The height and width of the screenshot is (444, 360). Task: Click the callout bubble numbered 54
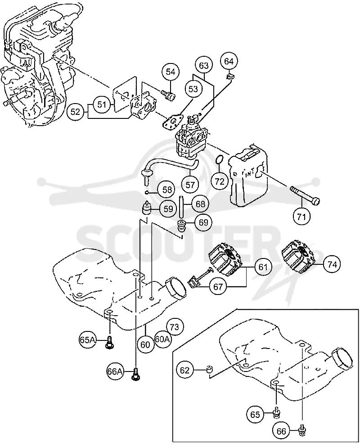pyautogui.click(x=171, y=72)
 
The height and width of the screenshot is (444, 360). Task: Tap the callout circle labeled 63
pyautogui.click(x=204, y=65)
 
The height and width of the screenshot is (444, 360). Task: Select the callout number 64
pyautogui.click(x=229, y=61)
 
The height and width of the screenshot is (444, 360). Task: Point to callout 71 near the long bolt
pyautogui.click(x=301, y=217)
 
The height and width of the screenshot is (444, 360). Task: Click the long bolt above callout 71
pyautogui.click(x=305, y=195)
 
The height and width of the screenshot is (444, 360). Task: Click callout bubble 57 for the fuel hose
pyautogui.click(x=190, y=185)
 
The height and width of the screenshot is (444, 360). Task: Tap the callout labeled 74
pyautogui.click(x=332, y=265)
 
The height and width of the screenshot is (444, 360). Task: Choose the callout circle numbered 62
pyautogui.click(x=184, y=370)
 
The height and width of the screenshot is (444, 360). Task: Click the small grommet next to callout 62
pyautogui.click(x=209, y=369)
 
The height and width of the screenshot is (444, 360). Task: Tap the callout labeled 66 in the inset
pyautogui.click(x=281, y=431)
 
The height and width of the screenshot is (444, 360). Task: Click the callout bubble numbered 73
pyautogui.click(x=175, y=327)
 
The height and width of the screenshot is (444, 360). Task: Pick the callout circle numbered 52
pyautogui.click(x=75, y=112)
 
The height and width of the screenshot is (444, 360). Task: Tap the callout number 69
pyautogui.click(x=203, y=222)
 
